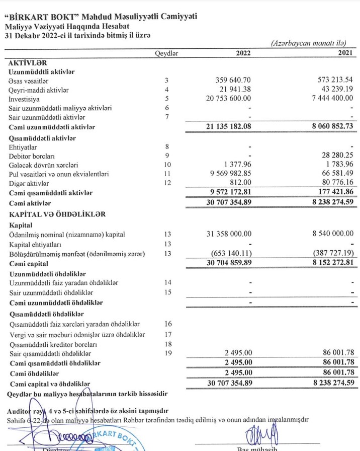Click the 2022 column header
(x=243, y=53)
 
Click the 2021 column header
(x=344, y=53)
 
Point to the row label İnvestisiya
(x=25, y=99)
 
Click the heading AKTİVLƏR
(x=28, y=62)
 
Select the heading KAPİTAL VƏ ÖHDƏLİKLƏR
(x=57, y=214)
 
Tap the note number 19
(x=167, y=353)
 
